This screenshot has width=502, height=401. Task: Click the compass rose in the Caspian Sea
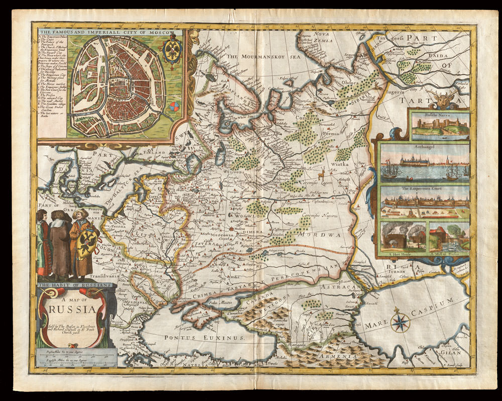400,322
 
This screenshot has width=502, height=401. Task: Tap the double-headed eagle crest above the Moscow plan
172,52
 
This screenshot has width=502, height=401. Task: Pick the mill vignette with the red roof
448,236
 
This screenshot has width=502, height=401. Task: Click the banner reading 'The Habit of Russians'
75,284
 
